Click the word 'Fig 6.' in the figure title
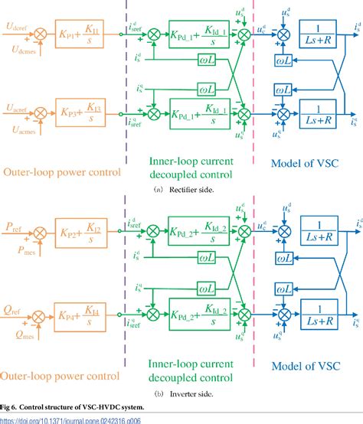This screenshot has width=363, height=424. pyautogui.click(x=9, y=406)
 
